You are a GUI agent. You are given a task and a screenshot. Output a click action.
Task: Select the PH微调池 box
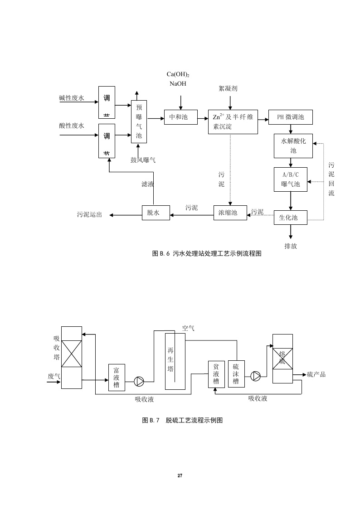291,117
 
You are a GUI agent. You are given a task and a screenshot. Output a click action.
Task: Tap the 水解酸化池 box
293,145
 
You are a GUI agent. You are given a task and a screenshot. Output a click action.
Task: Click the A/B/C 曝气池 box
291,179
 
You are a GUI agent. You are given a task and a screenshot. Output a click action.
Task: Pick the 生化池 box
291,218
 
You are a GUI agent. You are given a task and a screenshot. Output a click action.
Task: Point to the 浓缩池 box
230,213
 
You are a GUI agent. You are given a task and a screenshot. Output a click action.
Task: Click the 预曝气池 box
139,121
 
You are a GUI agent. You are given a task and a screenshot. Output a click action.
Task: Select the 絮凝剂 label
228,89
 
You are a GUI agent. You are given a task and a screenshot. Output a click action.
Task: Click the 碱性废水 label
72,98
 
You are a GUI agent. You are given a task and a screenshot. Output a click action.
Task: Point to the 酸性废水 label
72,126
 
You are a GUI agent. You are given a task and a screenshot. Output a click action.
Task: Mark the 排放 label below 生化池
291,246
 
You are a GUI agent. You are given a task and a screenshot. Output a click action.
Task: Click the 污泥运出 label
89,215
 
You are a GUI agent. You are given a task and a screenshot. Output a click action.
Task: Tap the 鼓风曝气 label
143,160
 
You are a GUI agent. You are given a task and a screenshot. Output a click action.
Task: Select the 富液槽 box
117,378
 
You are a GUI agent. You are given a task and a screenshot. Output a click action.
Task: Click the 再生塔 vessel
171,360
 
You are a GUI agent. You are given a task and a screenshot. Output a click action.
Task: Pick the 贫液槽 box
216,374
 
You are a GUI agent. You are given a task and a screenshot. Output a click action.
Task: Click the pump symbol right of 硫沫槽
256,375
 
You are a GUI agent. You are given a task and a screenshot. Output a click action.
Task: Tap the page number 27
180,476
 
